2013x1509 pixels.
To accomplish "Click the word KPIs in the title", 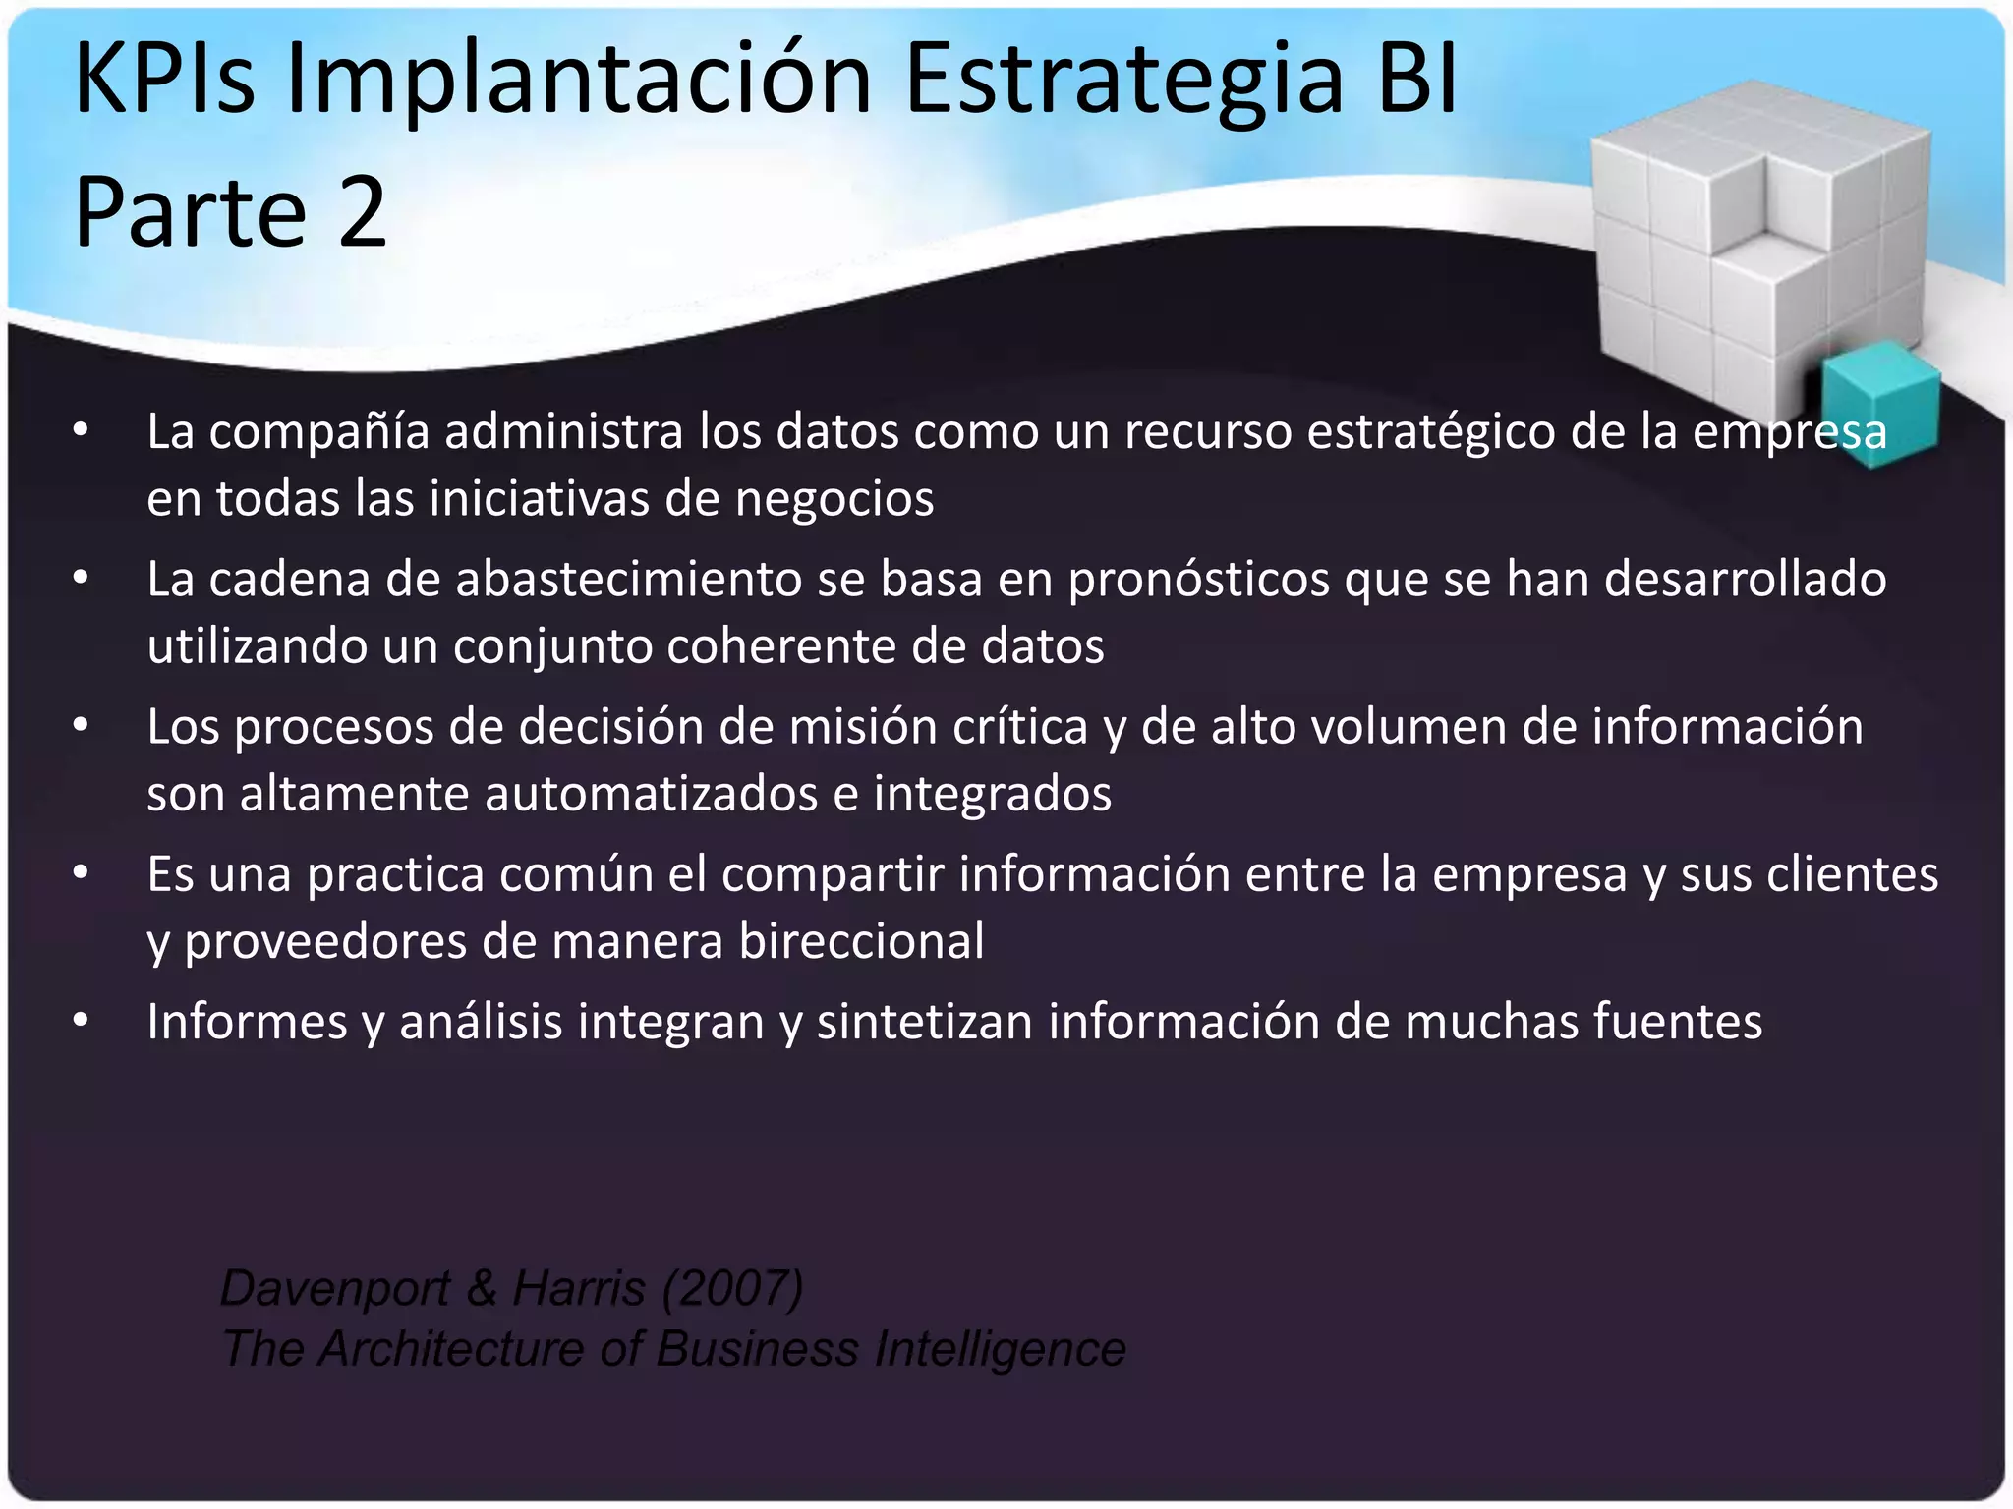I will [x=164, y=79].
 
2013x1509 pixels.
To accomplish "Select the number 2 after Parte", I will [x=362, y=212].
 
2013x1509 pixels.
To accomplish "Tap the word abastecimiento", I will [x=629, y=579].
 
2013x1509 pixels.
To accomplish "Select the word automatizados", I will [x=652, y=794].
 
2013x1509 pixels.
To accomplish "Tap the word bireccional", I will [x=862, y=942].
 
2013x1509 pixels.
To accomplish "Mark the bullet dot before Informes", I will [x=81, y=1021].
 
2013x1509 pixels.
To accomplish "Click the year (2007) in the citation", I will [x=733, y=1289].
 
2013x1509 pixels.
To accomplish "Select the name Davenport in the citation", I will [x=335, y=1289].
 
